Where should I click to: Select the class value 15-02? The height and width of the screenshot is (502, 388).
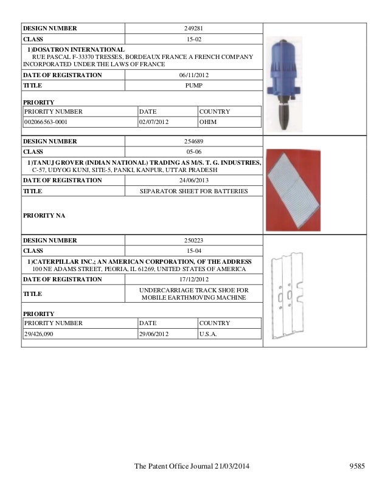click(x=193, y=38)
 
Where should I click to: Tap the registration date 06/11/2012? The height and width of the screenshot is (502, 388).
click(x=193, y=75)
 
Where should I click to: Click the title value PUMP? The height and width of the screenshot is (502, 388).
click(x=193, y=86)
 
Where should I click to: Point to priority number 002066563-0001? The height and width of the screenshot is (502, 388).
click(x=46, y=122)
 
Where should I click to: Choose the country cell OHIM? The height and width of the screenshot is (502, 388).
click(x=209, y=122)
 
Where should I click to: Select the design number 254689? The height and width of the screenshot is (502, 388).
click(x=193, y=141)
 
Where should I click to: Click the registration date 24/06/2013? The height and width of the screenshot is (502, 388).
click(x=193, y=181)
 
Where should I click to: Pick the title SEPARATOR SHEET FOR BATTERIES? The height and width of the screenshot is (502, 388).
click(x=193, y=191)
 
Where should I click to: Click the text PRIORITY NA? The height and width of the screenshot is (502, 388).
click(x=44, y=215)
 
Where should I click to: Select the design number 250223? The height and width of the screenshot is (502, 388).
click(x=193, y=240)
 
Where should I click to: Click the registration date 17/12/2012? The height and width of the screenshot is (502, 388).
click(x=193, y=280)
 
